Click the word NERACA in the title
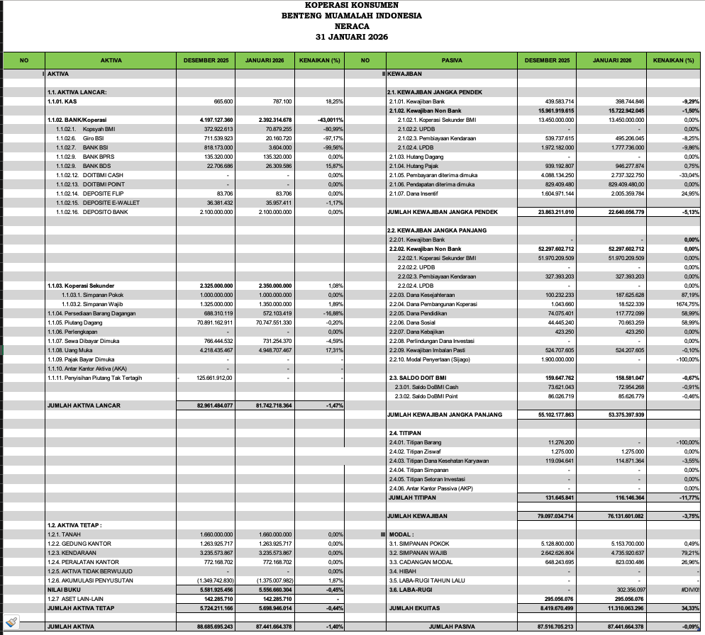pos(352,26)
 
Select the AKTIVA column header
pos(111,60)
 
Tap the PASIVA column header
pos(452,60)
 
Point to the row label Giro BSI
pos(94,138)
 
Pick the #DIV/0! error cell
pos(688,589)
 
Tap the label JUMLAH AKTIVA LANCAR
pos(83,405)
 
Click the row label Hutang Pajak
pos(413,166)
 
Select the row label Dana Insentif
pos(413,193)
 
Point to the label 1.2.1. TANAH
pos(64,534)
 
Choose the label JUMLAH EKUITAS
pos(415,607)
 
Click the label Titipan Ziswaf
pos(418,451)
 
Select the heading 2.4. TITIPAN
pos(405,432)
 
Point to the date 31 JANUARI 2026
pos(352,36)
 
